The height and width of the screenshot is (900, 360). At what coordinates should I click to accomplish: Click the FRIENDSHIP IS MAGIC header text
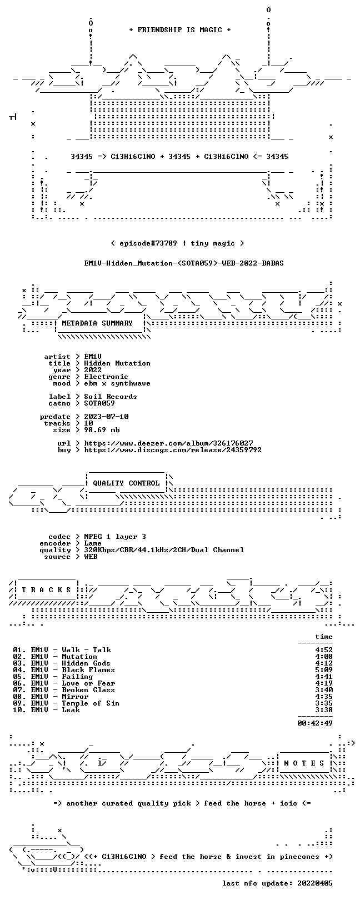point(179,30)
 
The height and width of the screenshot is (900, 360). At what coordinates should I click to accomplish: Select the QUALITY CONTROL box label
point(126,483)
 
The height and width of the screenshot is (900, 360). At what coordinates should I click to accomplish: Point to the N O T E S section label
point(304,763)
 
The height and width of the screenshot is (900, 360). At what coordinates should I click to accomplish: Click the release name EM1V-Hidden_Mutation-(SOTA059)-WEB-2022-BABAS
point(184,263)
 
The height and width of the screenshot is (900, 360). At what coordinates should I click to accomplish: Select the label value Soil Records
point(111,397)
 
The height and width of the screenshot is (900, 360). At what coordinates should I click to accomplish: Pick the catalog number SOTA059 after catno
point(99,403)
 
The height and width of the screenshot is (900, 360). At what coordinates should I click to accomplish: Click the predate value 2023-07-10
point(106,417)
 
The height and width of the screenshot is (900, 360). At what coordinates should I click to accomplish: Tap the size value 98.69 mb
point(102,430)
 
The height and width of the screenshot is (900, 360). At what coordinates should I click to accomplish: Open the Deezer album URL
point(168,443)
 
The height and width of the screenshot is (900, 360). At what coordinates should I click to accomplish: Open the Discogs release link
point(173,450)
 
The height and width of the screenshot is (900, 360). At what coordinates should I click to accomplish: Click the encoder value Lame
point(93,543)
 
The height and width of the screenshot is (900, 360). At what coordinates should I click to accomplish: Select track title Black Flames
point(88,670)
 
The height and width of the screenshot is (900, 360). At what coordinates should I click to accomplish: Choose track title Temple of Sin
point(91,703)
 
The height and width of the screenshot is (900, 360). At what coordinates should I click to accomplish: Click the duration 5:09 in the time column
point(324,670)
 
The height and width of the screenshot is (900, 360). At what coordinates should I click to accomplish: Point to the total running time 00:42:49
point(315,723)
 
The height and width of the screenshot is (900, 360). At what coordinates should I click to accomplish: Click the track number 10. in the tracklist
point(19,710)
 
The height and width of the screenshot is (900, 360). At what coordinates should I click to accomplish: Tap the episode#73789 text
point(148,243)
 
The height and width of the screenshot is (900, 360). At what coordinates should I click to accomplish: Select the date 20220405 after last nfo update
point(315,883)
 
